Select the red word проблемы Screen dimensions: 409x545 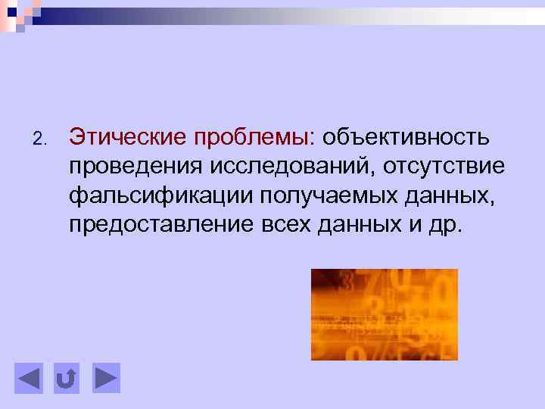point(253,139)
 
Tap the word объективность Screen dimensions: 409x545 point(407,137)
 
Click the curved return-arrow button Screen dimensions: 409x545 point(67,378)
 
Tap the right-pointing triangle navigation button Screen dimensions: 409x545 point(106,378)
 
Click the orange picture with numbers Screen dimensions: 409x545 point(384,314)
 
